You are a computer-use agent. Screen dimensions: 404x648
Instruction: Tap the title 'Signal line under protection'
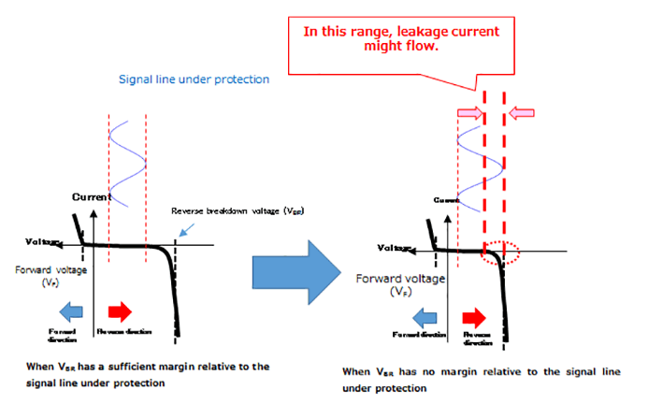coord(194,79)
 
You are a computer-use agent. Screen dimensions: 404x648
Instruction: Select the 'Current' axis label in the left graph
coord(93,197)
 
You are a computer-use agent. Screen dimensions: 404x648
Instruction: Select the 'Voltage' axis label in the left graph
coord(43,242)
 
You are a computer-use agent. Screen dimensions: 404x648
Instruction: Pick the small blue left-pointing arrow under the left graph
coord(71,310)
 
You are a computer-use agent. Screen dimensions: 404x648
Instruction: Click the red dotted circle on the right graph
coord(499,252)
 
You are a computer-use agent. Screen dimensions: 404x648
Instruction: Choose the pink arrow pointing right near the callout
coord(469,113)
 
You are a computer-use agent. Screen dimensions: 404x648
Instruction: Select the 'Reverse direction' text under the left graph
coord(123,332)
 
